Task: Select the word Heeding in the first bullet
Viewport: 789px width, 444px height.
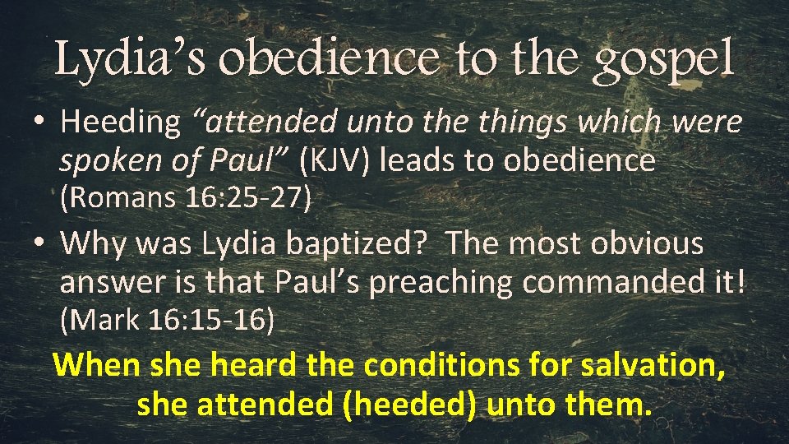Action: coord(120,123)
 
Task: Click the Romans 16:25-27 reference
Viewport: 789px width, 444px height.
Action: coord(185,198)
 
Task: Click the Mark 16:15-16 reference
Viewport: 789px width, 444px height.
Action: coord(168,320)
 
